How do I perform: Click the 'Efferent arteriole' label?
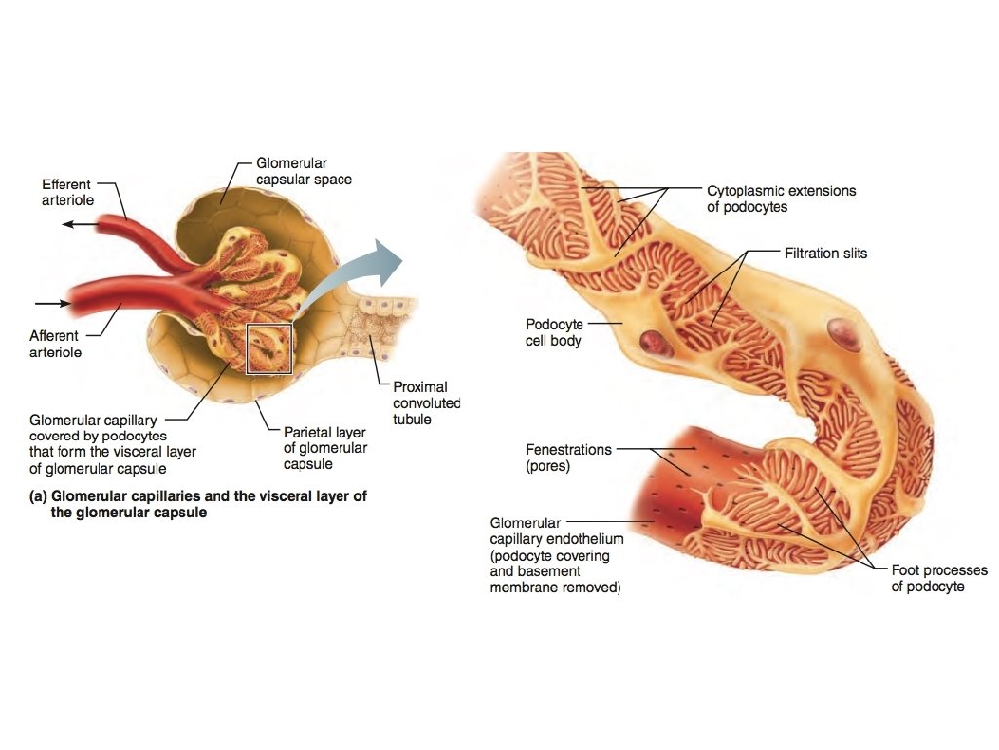click(x=66, y=191)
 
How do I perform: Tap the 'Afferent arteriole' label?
click(x=56, y=344)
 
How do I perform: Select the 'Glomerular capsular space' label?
click(x=303, y=172)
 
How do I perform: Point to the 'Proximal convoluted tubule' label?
click(x=426, y=402)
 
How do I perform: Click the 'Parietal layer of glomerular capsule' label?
click(x=325, y=447)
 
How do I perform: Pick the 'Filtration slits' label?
click(x=825, y=253)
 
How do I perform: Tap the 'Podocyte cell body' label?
click(x=553, y=333)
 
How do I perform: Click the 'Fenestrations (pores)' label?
click(x=569, y=458)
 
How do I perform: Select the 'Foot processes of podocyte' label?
click(x=939, y=578)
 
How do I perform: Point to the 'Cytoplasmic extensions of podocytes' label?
click(x=780, y=199)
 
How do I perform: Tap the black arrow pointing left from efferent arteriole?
click(x=82, y=225)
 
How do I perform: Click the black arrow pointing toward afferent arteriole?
click(x=54, y=303)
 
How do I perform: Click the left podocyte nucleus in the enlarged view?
click(x=652, y=342)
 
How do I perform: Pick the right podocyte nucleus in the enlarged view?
click(x=844, y=335)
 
